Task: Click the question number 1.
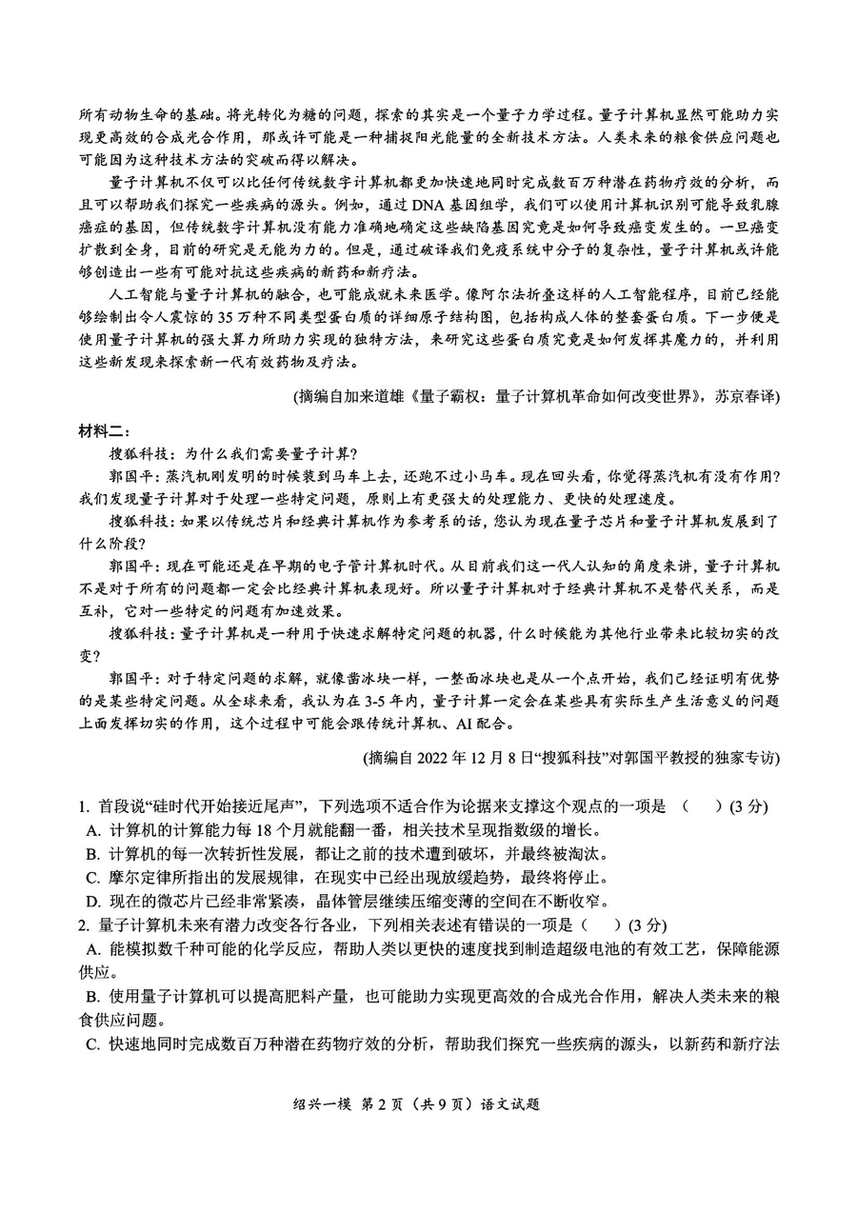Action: point(84,806)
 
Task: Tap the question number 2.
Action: point(84,924)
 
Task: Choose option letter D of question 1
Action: point(92,901)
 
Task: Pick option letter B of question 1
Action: point(92,854)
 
